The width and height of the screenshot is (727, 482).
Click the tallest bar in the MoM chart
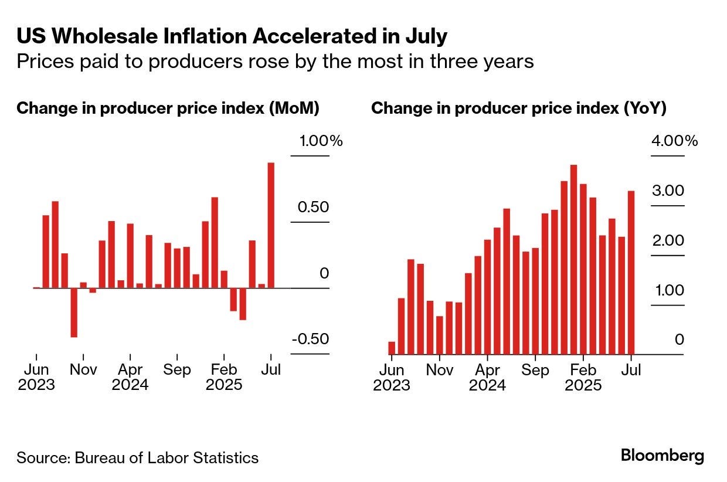coord(271,225)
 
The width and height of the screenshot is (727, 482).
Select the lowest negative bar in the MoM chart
coord(74,313)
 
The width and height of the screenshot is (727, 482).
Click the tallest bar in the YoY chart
coord(573,260)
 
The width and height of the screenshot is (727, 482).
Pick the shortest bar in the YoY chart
coord(392,348)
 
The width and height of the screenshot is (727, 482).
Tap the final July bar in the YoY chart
coord(631,273)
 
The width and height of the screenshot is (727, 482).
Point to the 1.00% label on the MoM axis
coord(321,141)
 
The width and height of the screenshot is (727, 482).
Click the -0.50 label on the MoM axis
coord(311,339)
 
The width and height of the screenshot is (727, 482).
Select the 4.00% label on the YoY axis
coord(674,141)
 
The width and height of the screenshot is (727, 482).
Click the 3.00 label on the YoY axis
coord(668,191)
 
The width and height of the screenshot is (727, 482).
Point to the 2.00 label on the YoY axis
coord(668,240)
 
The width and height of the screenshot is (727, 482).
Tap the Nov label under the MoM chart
coord(83,369)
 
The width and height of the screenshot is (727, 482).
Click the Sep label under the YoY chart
coord(535,370)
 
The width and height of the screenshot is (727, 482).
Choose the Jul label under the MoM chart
coord(271,369)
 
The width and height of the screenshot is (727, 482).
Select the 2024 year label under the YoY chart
coord(487,385)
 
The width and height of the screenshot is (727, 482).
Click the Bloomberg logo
coord(663,456)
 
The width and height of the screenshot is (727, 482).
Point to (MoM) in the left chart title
coord(294,108)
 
